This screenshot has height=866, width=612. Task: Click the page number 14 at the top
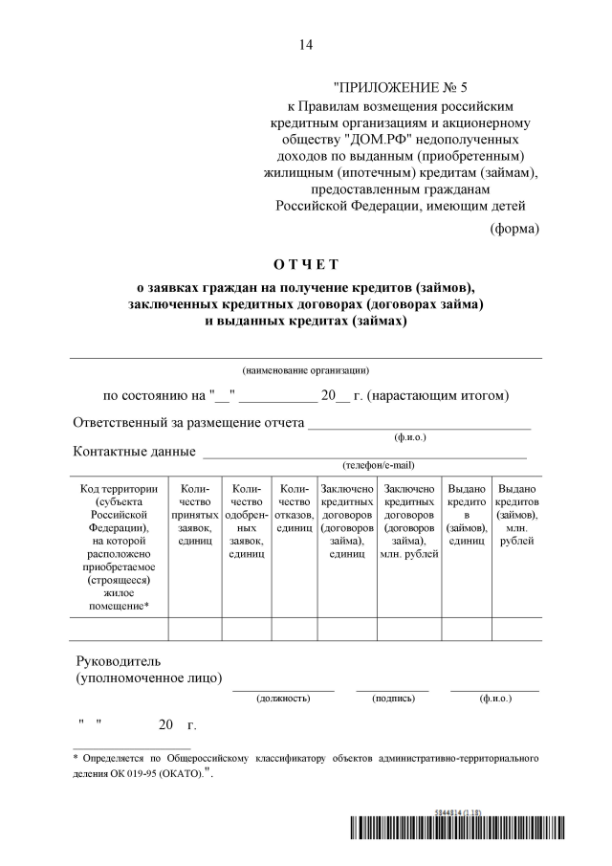coord(305,44)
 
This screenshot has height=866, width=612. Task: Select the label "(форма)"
coord(514,229)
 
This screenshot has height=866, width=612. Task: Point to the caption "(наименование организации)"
coord(305,369)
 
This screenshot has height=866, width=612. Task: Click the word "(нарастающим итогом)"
coord(439,395)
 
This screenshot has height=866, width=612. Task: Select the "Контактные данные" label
coord(134,452)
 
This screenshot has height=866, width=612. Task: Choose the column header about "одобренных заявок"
coord(246,522)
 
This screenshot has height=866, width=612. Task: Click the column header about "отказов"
coord(295,508)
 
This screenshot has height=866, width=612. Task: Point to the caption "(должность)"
coord(283,699)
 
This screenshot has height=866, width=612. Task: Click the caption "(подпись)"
coord(393,699)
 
